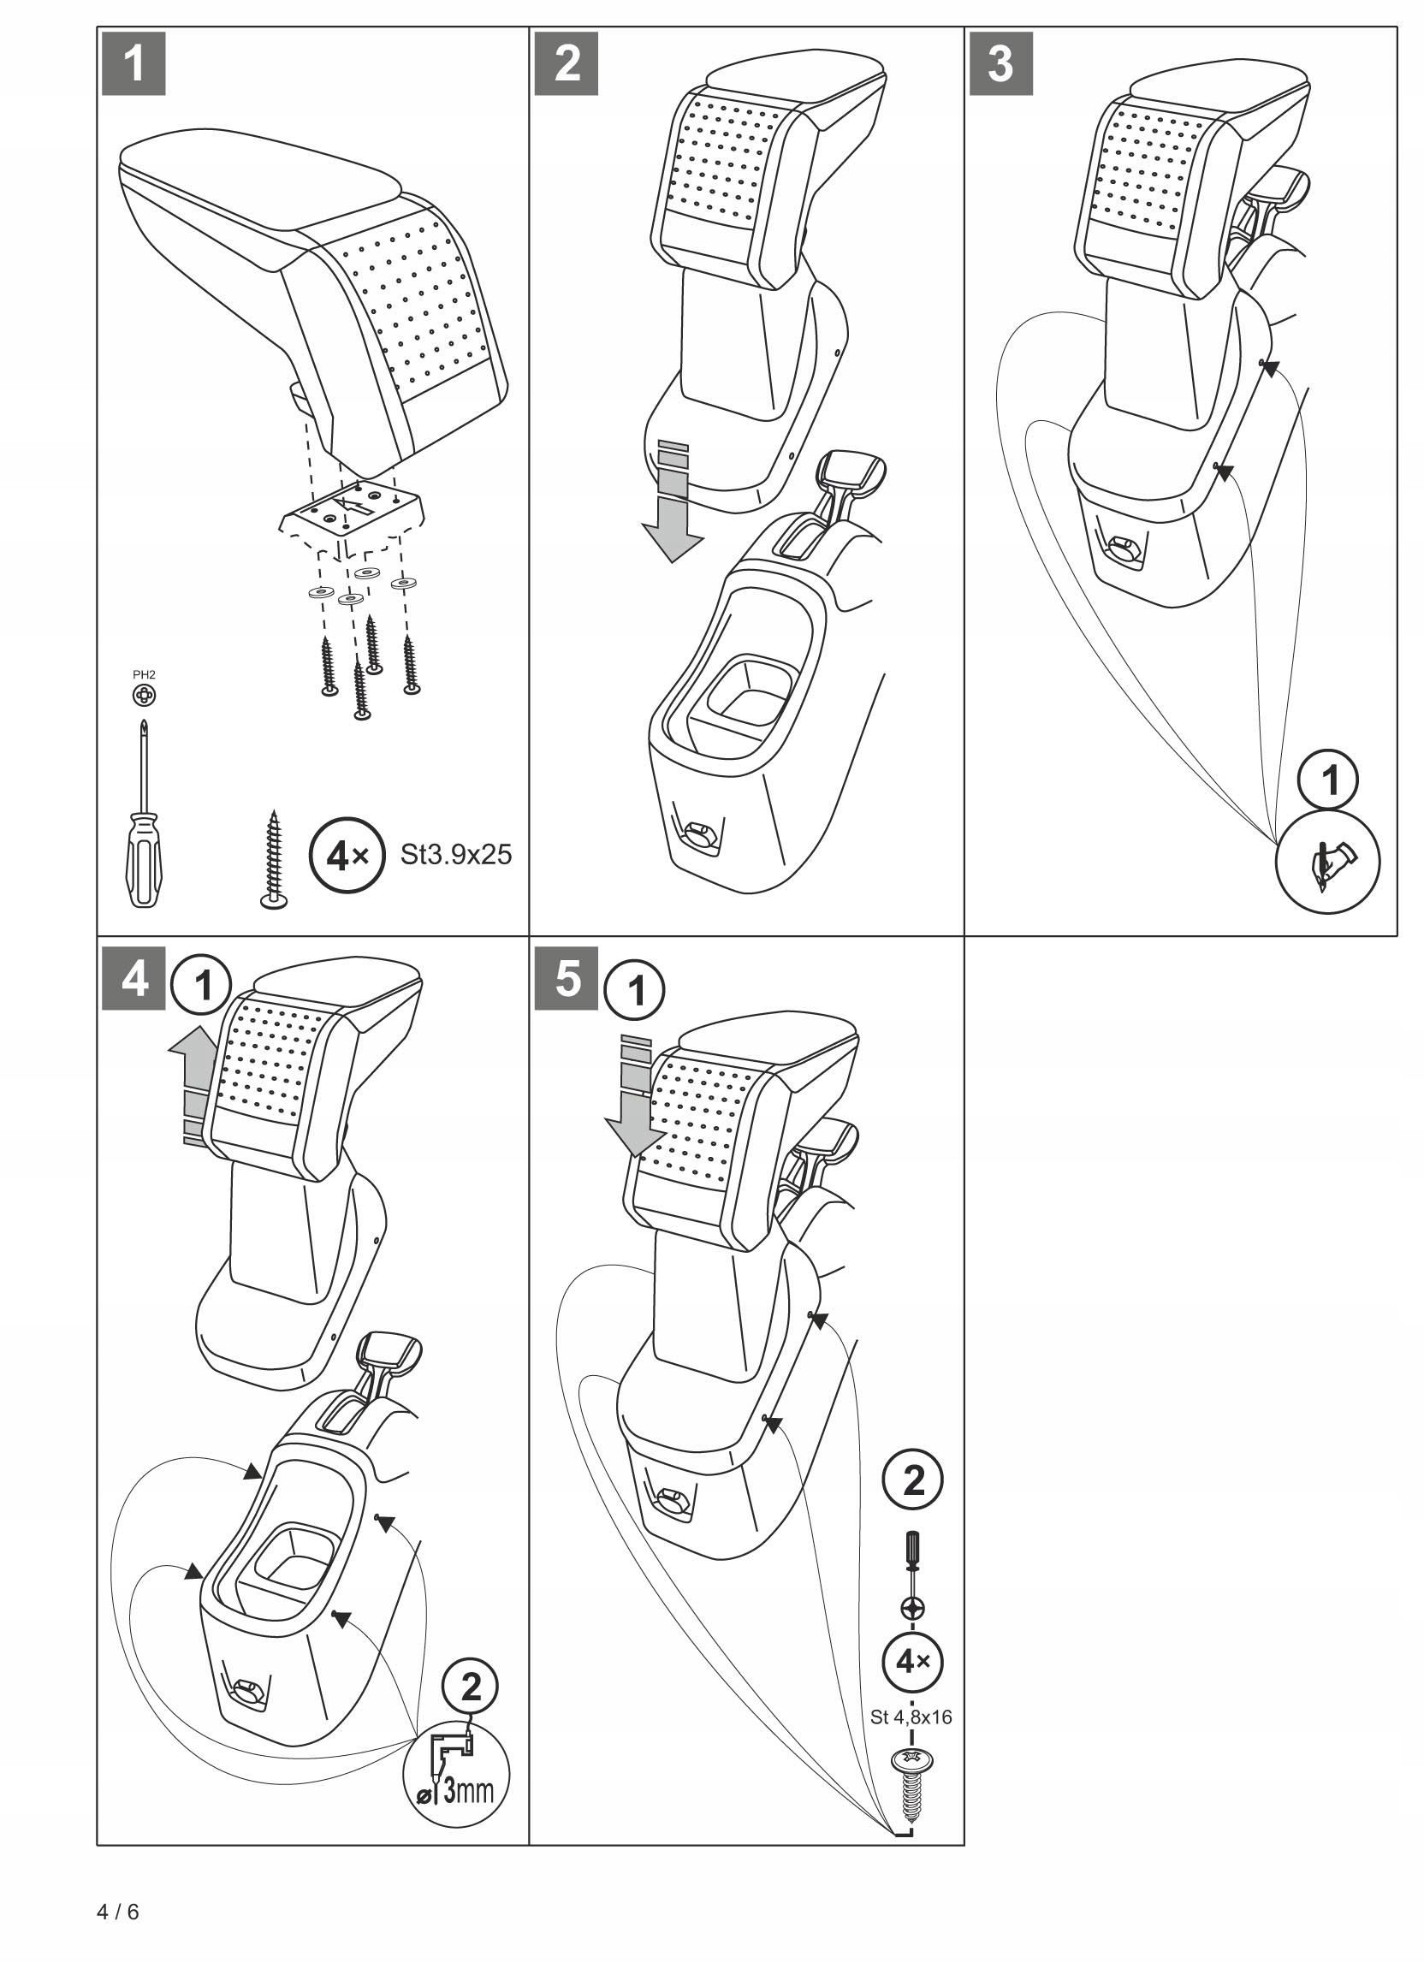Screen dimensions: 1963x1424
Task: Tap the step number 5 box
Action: click(567, 979)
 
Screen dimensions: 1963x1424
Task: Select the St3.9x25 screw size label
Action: click(456, 855)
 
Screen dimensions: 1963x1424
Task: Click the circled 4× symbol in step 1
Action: click(347, 856)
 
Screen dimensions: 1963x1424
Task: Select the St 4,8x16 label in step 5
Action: click(911, 1717)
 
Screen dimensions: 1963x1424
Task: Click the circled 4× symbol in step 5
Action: click(911, 1661)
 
